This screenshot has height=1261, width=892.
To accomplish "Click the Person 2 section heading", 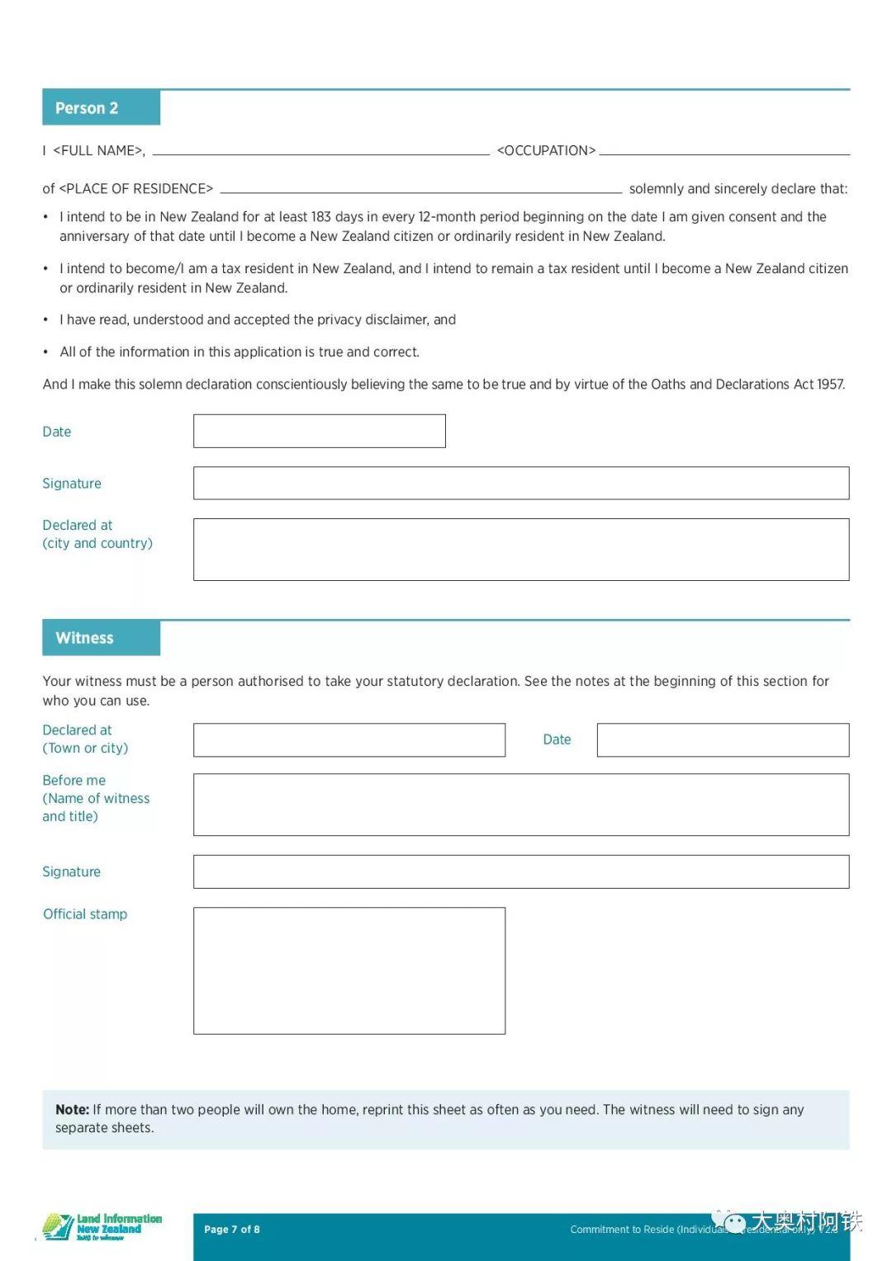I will (x=87, y=108).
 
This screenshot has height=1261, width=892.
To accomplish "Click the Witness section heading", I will (x=84, y=638).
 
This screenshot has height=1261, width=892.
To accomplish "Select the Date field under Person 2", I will (x=319, y=432).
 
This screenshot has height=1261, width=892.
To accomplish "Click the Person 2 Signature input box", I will (x=520, y=484).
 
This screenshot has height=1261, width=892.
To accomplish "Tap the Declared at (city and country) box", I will (x=520, y=550).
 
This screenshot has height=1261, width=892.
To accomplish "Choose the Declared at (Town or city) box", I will (x=349, y=740).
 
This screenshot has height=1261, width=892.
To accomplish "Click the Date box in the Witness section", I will (x=723, y=740).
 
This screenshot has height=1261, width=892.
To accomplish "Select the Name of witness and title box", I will (x=520, y=805).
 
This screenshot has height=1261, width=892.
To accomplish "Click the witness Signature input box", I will (x=520, y=872).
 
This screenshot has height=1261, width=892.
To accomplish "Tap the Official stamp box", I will (x=349, y=971).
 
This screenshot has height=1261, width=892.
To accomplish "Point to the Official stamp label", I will (x=85, y=914).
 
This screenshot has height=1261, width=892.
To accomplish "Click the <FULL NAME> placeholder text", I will (x=98, y=151).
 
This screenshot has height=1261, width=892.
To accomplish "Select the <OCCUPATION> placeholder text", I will (x=546, y=151).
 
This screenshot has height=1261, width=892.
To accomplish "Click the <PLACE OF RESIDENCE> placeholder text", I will (x=136, y=189).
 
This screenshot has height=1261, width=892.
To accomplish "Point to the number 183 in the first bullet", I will (x=321, y=217).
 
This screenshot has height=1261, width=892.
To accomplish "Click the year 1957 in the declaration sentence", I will (x=830, y=385).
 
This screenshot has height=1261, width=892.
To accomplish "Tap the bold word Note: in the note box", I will (x=72, y=1110).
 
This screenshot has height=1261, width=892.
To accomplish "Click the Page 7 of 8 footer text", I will (x=232, y=1230).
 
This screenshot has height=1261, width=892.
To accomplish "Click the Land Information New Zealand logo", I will (x=102, y=1227).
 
